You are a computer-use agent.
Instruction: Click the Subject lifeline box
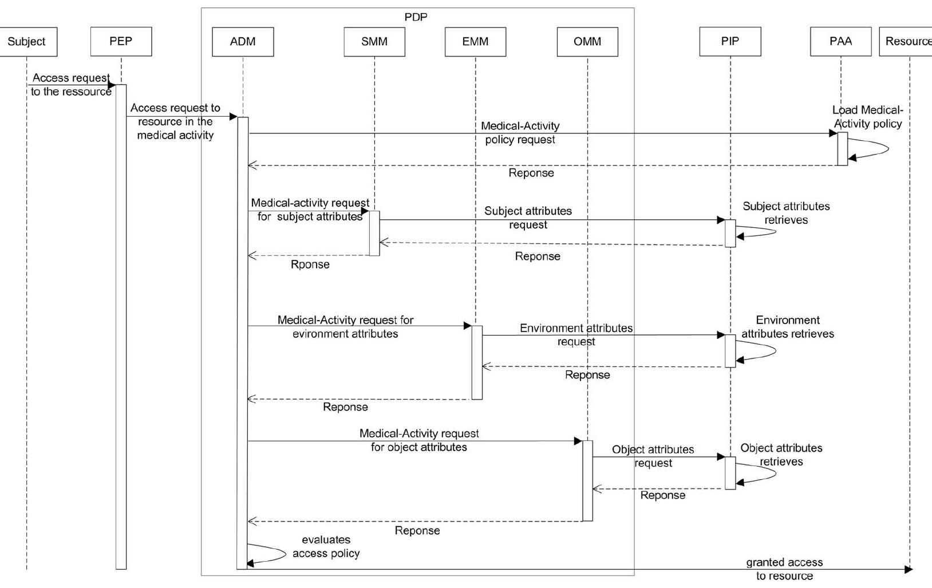coord(27,42)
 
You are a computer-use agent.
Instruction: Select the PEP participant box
coord(121,41)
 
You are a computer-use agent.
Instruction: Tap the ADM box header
coord(243,42)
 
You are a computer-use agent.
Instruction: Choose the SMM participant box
coord(374,42)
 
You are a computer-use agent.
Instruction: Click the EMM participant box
coord(475,42)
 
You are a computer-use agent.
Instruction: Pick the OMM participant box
coord(587,42)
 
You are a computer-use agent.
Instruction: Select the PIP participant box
coord(730,41)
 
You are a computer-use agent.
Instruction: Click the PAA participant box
coord(840,41)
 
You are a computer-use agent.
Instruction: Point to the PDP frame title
coord(416,17)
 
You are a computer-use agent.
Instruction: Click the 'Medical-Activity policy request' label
coord(520,133)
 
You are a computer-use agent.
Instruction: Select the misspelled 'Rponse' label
coord(310,265)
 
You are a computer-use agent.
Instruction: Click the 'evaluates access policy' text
coord(326,547)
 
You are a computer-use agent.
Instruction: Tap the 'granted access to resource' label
coord(784,569)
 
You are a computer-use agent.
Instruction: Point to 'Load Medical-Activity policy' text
coord(867,117)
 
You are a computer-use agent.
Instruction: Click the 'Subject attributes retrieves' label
coord(786,213)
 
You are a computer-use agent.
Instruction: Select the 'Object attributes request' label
coord(653,456)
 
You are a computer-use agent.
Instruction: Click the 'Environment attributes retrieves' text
coord(788,327)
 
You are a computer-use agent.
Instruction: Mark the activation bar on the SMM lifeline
coord(374,233)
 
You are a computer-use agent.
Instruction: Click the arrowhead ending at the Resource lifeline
coord(908,570)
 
